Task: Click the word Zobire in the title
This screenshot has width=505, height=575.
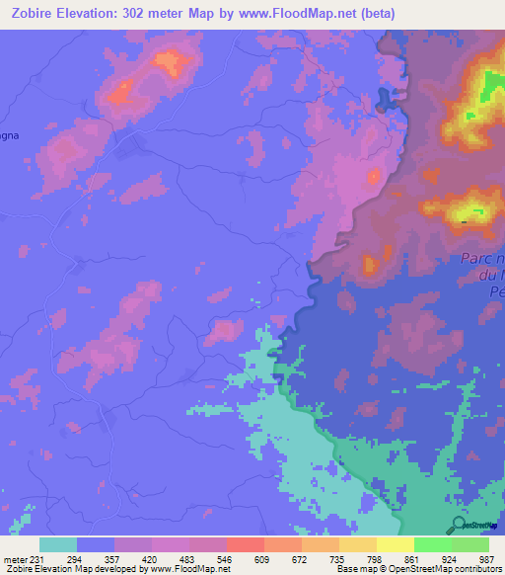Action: [34, 14]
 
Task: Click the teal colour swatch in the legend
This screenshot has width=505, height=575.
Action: [58, 545]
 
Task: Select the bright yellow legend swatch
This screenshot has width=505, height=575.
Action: [396, 545]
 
